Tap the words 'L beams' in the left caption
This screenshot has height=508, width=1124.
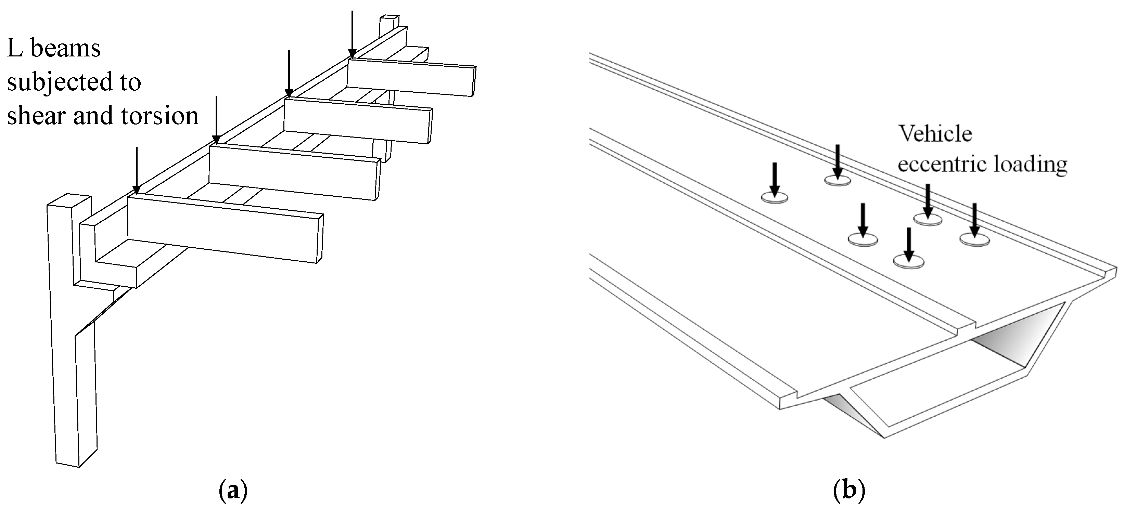[54, 48]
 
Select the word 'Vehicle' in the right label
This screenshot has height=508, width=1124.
[935, 133]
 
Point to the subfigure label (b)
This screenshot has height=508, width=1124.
[849, 491]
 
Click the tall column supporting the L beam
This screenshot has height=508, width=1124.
[70, 349]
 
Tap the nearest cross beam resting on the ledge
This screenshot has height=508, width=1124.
[225, 229]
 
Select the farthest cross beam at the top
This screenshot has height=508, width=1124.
[410, 78]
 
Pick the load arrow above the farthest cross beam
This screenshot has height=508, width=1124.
[352, 33]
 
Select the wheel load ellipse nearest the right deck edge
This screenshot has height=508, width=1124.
[974, 239]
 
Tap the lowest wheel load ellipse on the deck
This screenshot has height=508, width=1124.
[909, 262]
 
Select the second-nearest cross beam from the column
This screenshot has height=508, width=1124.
[292, 172]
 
